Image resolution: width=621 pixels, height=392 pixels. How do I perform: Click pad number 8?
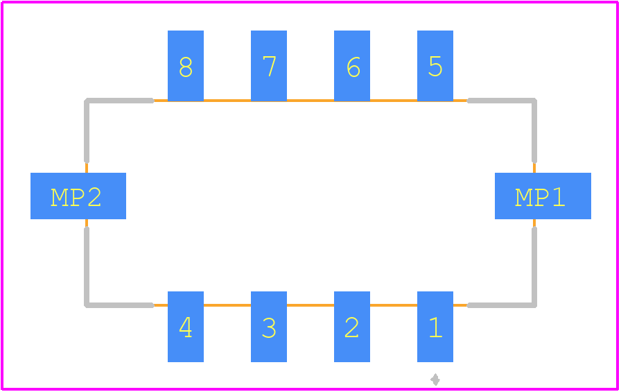click(x=186, y=66)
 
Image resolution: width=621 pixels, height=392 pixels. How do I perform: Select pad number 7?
click(x=269, y=66)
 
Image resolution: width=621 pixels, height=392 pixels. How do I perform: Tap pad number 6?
click(x=352, y=66)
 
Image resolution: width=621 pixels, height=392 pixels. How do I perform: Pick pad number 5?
click(x=435, y=66)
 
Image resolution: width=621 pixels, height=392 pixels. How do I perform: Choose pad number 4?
click(x=186, y=327)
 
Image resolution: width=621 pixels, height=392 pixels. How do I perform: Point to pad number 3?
click(x=269, y=327)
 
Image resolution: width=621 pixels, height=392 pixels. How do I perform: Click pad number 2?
click(x=352, y=327)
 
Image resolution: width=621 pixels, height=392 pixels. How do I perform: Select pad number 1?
click(x=435, y=327)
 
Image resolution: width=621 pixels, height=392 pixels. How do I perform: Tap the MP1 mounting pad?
click(x=543, y=196)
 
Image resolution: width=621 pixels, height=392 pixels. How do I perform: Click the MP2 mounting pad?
click(x=78, y=196)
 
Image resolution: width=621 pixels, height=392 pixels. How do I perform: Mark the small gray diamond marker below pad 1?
click(x=435, y=380)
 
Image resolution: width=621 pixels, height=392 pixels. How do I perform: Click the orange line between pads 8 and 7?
click(x=227, y=101)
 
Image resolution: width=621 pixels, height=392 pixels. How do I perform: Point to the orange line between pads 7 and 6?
click(x=310, y=101)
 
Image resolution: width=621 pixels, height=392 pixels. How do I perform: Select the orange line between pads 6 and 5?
click(x=394, y=101)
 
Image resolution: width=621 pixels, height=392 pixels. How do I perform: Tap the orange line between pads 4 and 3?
click(x=227, y=305)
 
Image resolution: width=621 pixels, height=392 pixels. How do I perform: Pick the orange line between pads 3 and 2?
click(x=310, y=305)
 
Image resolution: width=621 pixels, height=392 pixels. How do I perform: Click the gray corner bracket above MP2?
click(x=87, y=101)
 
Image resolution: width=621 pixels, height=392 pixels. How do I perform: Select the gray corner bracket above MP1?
click(x=534, y=101)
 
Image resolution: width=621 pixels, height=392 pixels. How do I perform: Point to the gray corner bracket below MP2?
click(x=87, y=305)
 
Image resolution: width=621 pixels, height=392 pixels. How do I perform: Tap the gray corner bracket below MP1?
click(x=534, y=305)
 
